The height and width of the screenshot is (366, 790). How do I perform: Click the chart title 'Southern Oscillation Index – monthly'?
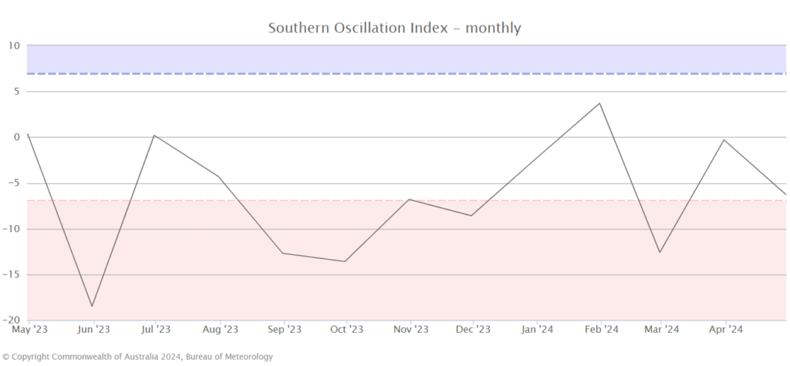click(x=394, y=29)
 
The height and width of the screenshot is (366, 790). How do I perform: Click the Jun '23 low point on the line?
click(x=93, y=307)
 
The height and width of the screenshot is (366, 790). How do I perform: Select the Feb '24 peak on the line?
click(x=600, y=103)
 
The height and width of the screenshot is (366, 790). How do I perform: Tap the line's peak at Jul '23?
click(x=155, y=136)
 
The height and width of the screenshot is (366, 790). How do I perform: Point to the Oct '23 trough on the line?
click(x=345, y=261)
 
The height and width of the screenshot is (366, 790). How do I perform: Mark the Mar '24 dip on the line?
click(x=660, y=252)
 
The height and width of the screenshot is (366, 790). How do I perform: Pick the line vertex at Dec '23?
click(x=471, y=215)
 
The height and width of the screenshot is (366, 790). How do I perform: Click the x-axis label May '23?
click(x=30, y=330)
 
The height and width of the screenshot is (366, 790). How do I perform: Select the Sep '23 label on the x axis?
click(x=284, y=330)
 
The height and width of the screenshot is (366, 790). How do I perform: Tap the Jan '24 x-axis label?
click(x=538, y=330)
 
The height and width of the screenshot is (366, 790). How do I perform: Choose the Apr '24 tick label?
click(x=725, y=330)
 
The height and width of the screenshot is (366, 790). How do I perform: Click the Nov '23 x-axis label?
click(x=410, y=330)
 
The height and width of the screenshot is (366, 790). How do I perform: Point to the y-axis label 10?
click(x=14, y=45)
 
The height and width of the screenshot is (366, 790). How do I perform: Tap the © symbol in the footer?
click(x=6, y=357)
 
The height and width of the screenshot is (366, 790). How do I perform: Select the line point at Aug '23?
click(x=220, y=176)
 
